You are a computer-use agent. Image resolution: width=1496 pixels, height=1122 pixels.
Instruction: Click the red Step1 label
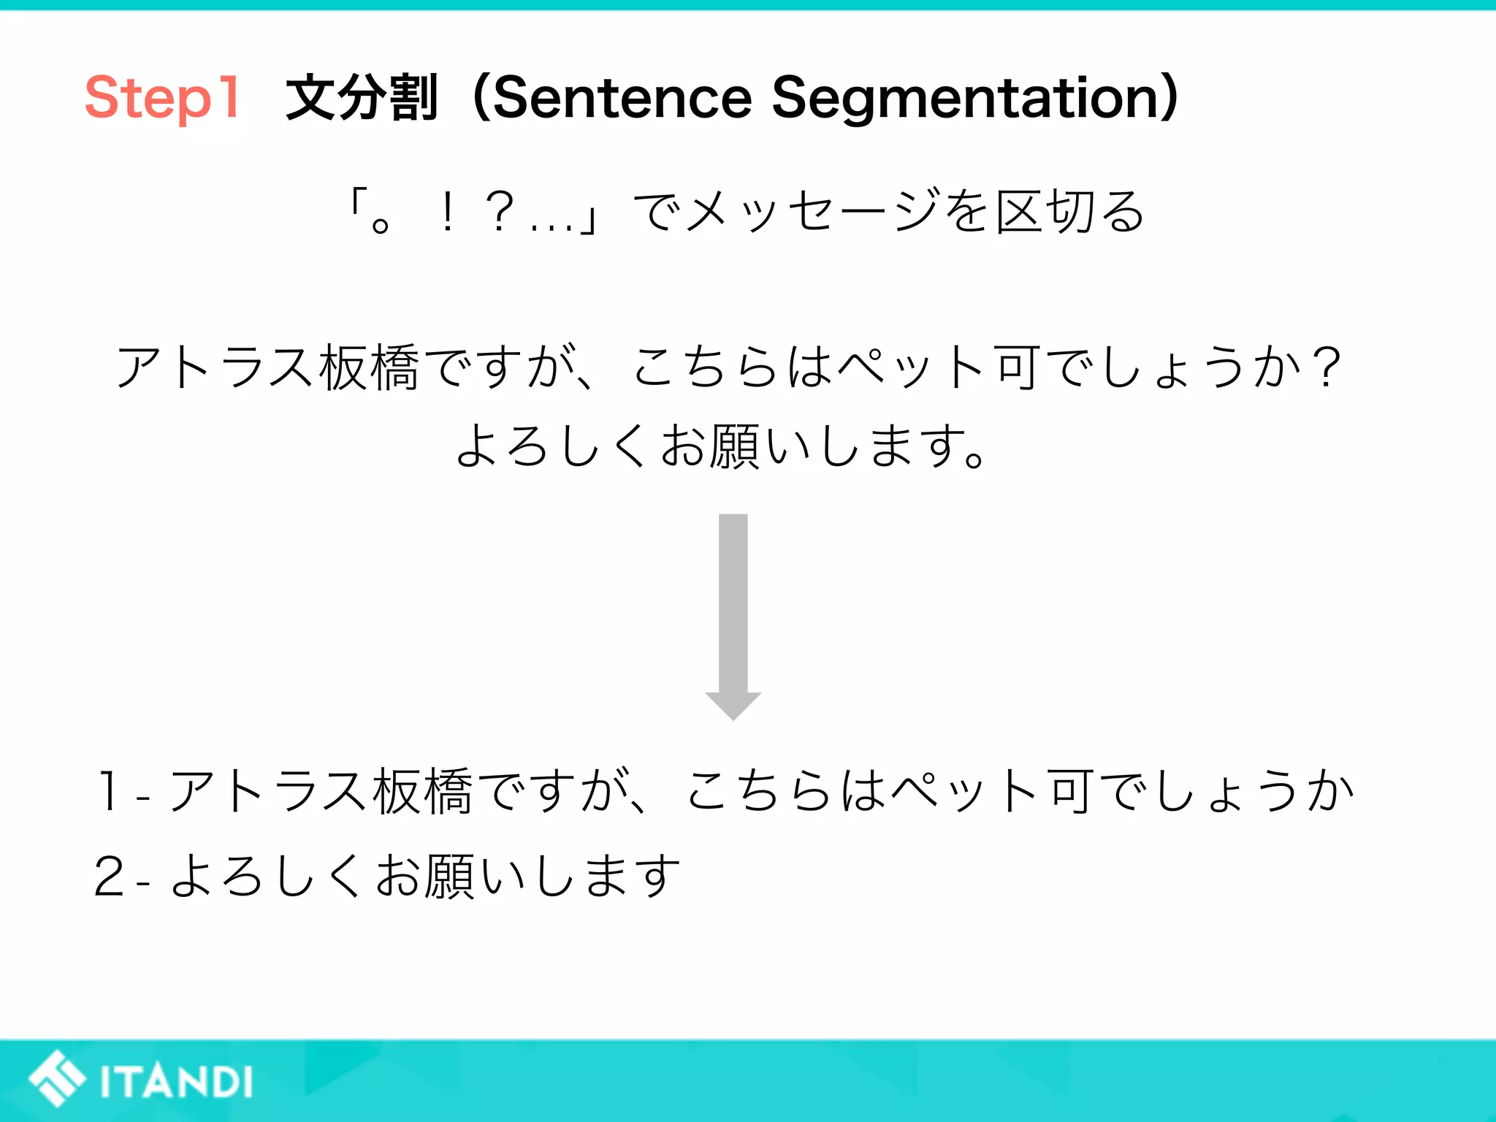tap(162, 98)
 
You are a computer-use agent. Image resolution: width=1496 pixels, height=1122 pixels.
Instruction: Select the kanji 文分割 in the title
tap(362, 98)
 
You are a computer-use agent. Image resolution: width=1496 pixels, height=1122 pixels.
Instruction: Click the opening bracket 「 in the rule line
tap(356, 202)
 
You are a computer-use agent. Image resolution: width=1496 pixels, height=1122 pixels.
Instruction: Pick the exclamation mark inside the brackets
tap(448, 212)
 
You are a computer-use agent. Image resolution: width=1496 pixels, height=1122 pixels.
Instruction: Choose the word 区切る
tap(1070, 212)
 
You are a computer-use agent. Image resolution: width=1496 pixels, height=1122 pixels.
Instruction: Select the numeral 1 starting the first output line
tap(109, 791)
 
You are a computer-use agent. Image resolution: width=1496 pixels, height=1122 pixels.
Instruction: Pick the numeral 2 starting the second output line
tap(110, 876)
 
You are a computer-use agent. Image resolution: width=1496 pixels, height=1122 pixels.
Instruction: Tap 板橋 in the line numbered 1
tap(423, 792)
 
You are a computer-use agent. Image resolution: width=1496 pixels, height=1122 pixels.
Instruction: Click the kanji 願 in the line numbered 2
tap(450, 876)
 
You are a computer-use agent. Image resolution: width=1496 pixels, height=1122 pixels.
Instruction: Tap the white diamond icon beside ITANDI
tap(57, 1079)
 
